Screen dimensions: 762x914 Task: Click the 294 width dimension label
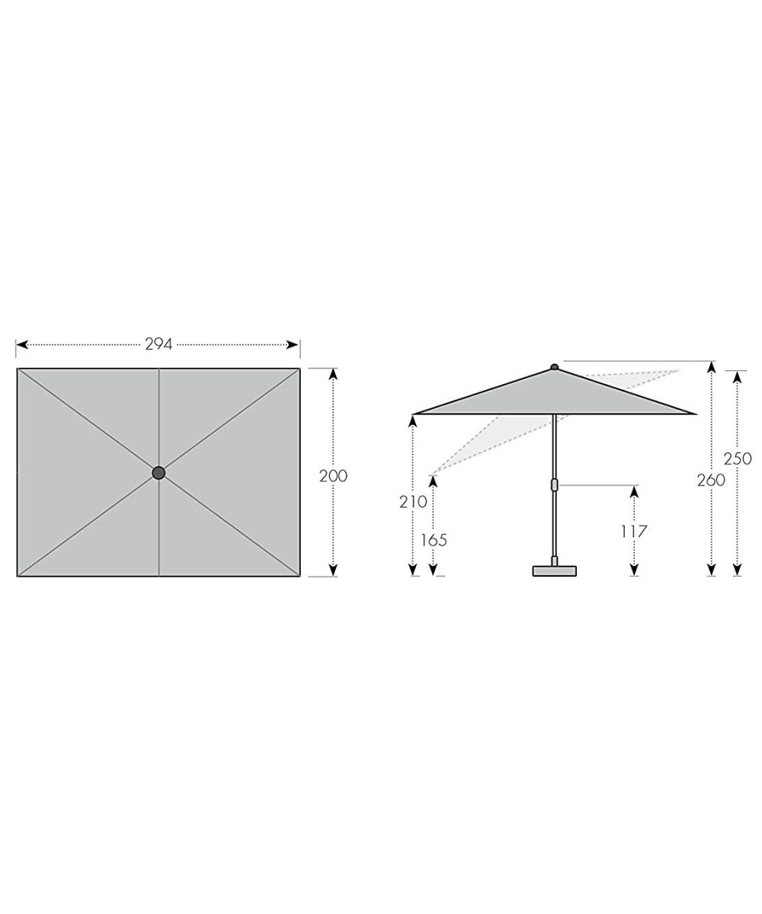158,344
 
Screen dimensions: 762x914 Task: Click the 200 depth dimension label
333,476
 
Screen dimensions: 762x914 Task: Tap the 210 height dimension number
413,502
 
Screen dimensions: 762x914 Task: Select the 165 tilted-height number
434,541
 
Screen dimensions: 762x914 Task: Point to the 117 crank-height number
634,532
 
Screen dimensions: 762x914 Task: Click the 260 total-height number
711,481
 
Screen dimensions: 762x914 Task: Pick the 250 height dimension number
738,459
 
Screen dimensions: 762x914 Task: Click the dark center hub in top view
158,473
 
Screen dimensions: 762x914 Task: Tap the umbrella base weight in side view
555,570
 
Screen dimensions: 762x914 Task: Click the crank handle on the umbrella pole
555,484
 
